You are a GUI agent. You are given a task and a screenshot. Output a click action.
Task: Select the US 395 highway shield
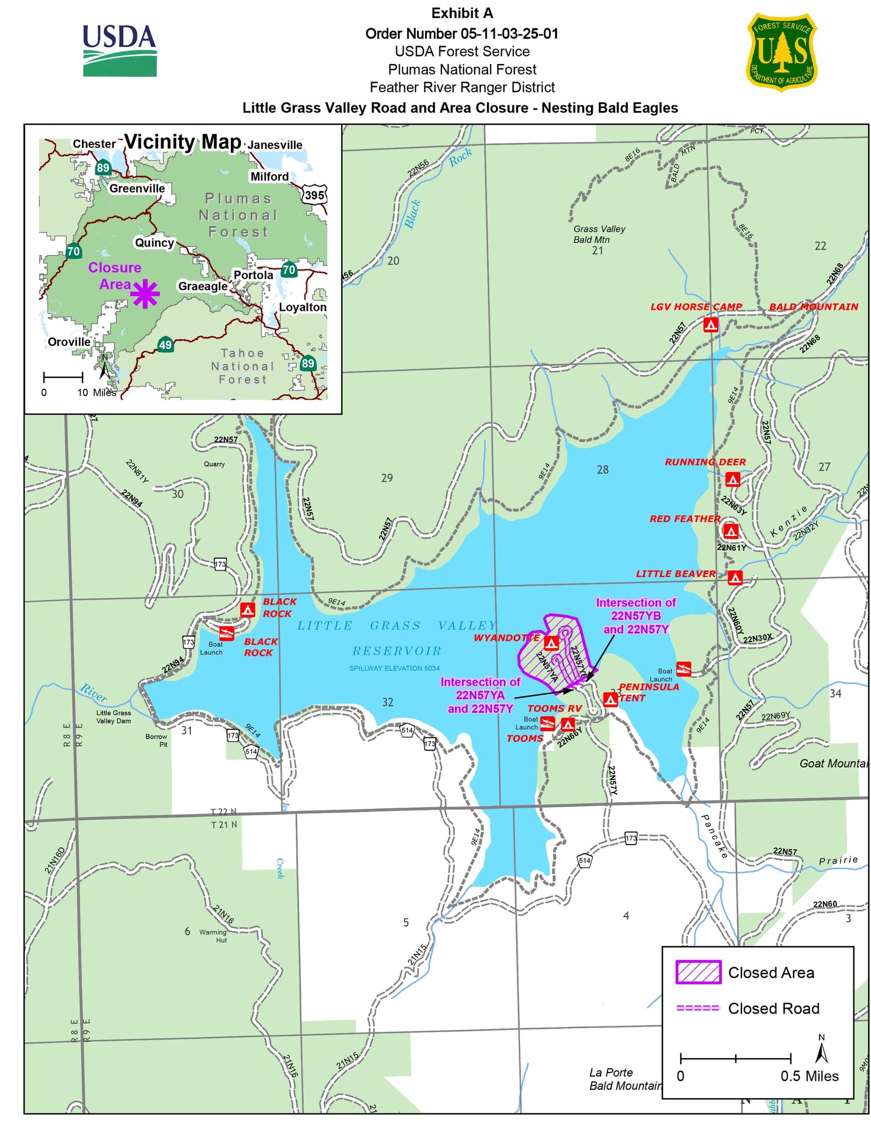[x=315, y=194]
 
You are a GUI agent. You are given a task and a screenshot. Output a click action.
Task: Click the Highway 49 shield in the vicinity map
[x=165, y=344]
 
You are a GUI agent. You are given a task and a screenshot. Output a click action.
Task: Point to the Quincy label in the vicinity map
[x=154, y=243]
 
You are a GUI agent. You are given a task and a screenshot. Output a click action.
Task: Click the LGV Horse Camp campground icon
[x=711, y=325]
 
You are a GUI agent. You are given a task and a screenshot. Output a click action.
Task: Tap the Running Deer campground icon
[x=732, y=479]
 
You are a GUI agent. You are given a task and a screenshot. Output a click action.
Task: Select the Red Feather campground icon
[x=731, y=531]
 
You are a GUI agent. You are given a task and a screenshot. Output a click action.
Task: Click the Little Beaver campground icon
[x=735, y=577]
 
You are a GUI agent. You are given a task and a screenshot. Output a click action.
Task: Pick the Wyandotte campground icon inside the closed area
[x=551, y=643]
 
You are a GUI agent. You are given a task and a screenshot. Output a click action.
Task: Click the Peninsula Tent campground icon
[x=610, y=699]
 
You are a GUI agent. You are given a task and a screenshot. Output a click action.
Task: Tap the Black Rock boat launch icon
[x=227, y=633]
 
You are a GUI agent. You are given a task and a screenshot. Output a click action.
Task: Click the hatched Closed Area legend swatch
[x=698, y=972]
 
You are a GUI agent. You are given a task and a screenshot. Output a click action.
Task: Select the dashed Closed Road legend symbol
[x=698, y=1009]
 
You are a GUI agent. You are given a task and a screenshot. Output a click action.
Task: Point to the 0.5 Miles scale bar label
[x=809, y=1076]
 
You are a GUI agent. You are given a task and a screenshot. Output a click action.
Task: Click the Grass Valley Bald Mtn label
[x=599, y=234]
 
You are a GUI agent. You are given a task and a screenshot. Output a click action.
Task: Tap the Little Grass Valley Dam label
[x=114, y=717]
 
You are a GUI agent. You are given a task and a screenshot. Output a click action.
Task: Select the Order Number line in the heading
[x=461, y=34]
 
